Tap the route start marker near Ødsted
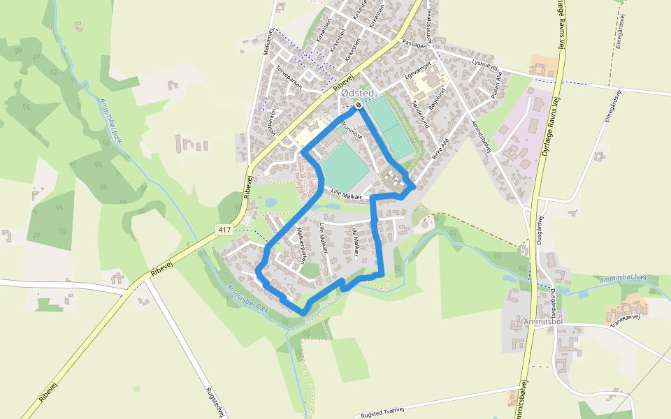click(x=358, y=105)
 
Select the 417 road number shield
click(x=224, y=229)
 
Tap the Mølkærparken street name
click(x=301, y=244)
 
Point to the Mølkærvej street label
click(x=266, y=42)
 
